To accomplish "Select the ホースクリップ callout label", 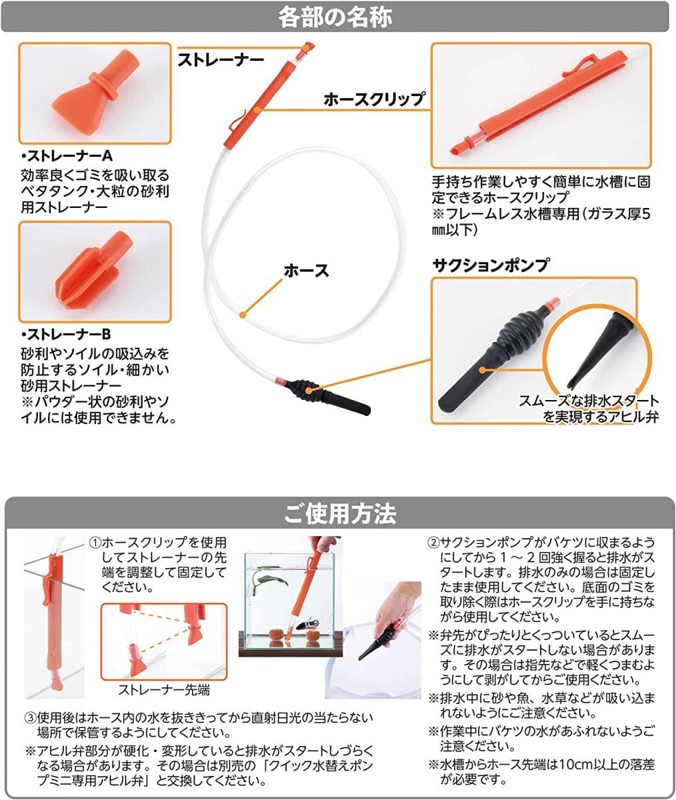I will click(x=373, y=99).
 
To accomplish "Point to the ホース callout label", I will click(x=306, y=271).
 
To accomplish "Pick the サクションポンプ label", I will click(x=491, y=265).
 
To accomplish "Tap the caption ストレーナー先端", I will click(x=164, y=690).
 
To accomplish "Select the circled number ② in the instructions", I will click(x=433, y=543).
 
